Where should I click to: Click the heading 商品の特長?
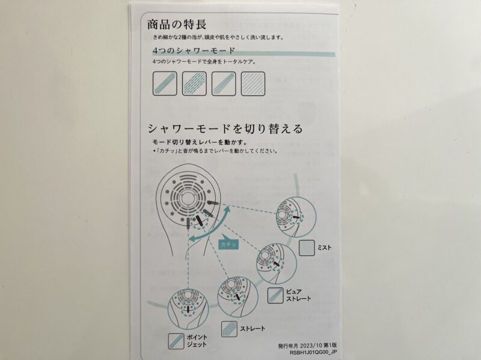tap(177, 25)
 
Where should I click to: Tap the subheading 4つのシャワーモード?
tap(194, 50)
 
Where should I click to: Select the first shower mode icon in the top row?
tap(165, 83)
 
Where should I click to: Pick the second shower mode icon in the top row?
tap(194, 83)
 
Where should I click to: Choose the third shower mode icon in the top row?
tap(224, 83)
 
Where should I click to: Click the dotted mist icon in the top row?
tap(253, 83)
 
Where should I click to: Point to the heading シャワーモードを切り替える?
tap(225, 129)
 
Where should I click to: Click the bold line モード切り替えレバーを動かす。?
tap(200, 142)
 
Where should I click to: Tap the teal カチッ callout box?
tap(228, 244)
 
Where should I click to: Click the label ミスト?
tap(324, 247)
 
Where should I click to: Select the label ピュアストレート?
tap(298, 295)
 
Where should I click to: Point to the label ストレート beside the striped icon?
tap(253, 329)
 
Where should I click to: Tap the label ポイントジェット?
tap(197, 341)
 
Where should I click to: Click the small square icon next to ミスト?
tap(307, 248)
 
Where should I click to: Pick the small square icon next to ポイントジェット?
tap(176, 341)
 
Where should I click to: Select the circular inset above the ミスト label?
tap(296, 217)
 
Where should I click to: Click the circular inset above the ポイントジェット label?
tap(188, 309)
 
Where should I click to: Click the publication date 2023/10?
tap(310, 346)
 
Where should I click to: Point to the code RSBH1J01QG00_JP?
tap(313, 352)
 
